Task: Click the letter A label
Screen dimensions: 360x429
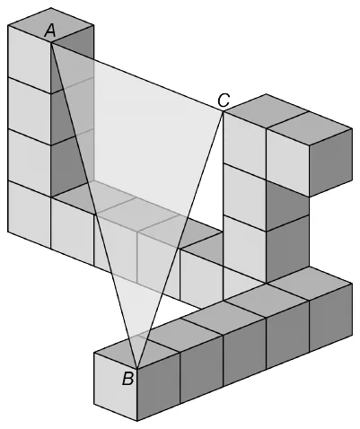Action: coord(50,31)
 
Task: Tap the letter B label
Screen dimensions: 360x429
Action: coord(127,379)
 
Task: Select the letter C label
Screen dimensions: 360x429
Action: coord(224,101)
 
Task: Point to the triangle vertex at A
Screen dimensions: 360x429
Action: coord(51,43)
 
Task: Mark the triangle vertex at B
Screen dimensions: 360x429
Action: coord(137,369)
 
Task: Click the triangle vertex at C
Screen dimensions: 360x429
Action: coord(224,111)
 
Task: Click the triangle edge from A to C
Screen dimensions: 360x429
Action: coord(137,77)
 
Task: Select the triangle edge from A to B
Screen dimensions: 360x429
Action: coord(94,206)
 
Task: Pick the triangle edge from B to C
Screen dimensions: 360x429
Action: coord(180,240)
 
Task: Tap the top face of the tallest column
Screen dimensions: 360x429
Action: coord(51,25)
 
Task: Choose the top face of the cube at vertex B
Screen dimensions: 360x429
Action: coord(137,352)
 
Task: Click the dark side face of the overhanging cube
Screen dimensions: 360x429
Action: coord(330,162)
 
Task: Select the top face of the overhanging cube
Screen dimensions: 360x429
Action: coord(309,128)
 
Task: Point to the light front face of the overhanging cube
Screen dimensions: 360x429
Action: coord(287,162)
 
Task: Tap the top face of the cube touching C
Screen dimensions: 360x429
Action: coord(266,111)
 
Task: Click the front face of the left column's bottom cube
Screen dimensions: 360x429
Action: coord(30,214)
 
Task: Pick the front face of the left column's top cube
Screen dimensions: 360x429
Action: coord(30,59)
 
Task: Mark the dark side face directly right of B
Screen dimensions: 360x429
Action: coord(159,387)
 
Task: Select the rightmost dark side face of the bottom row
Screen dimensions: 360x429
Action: coord(330,317)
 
